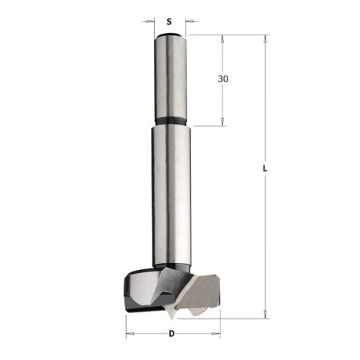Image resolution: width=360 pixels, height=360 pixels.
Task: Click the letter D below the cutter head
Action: tap(171, 333)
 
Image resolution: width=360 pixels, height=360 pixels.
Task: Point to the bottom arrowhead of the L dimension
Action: tap(266, 313)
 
